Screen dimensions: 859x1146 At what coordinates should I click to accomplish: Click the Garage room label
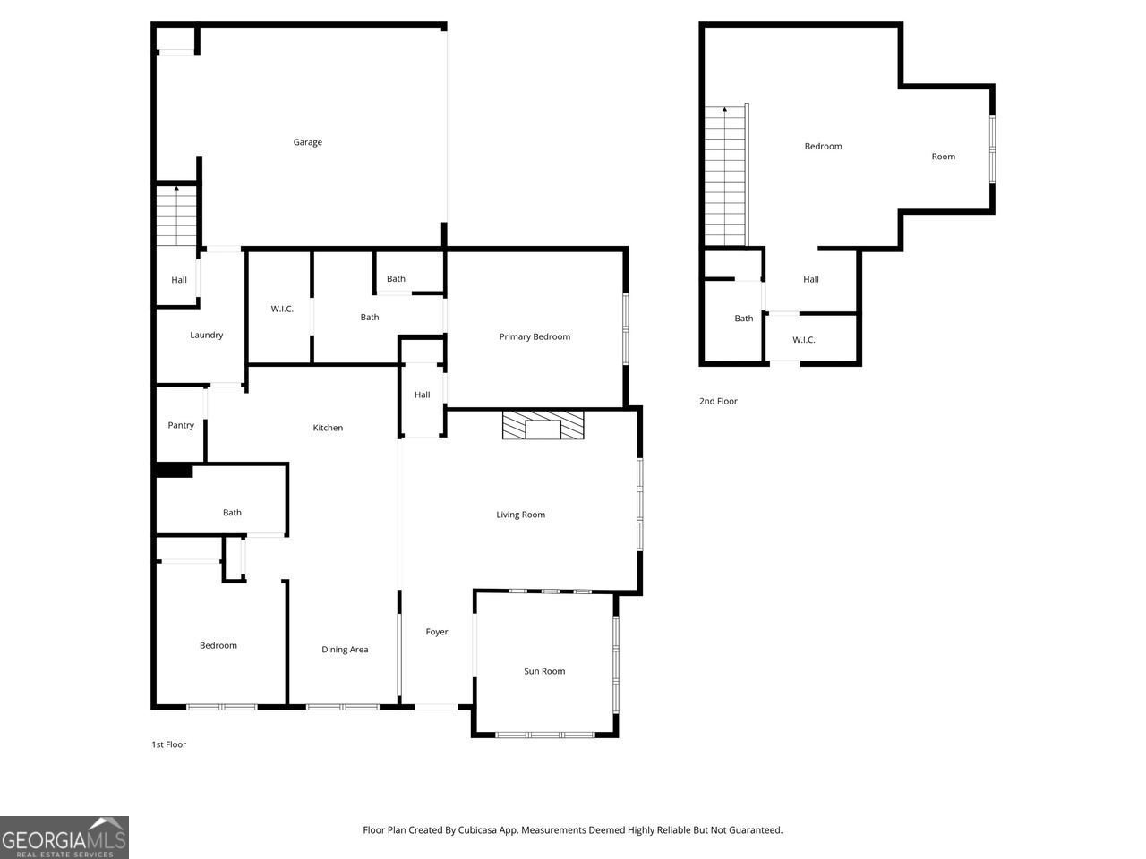click(307, 142)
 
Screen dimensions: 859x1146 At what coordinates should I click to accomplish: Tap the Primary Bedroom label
click(535, 336)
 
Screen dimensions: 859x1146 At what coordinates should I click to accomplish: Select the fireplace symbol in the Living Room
click(543, 426)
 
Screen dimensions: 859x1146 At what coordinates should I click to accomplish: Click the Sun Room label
click(544, 671)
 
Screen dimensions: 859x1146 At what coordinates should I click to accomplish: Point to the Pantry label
click(181, 425)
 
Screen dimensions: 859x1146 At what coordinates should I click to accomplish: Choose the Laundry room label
click(206, 335)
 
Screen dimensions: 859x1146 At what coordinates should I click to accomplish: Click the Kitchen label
click(328, 428)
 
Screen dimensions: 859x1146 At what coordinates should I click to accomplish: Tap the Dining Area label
click(345, 650)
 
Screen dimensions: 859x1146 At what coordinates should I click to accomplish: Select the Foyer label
click(437, 632)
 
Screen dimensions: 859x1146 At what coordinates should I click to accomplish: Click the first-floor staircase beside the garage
click(176, 216)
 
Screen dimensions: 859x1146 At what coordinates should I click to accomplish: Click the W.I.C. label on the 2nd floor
click(803, 340)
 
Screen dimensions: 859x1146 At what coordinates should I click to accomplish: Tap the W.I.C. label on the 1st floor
click(282, 309)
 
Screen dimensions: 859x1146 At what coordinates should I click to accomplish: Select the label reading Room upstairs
click(943, 157)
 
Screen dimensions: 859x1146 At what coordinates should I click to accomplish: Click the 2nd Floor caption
click(718, 401)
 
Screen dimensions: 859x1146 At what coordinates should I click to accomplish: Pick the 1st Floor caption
click(168, 744)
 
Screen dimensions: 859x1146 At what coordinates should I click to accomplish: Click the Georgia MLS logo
click(64, 838)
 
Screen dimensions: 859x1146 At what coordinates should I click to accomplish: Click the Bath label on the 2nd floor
click(743, 319)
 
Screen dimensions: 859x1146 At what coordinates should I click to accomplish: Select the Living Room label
click(520, 515)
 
